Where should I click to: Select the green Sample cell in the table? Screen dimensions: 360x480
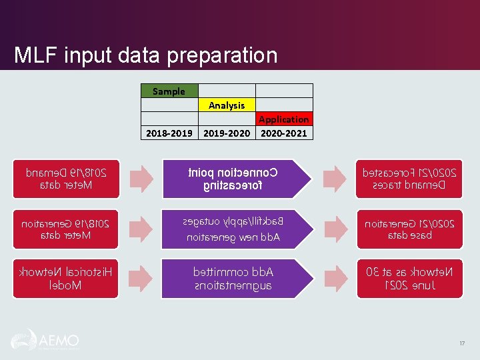169,91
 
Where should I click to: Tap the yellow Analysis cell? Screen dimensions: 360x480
227,105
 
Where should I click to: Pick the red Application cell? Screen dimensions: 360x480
284,119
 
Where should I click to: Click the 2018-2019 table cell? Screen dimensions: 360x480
169,133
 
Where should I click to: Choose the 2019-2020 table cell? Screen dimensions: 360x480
227,133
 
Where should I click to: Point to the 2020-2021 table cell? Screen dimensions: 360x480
284,133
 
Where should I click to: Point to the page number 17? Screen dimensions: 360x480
461,343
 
